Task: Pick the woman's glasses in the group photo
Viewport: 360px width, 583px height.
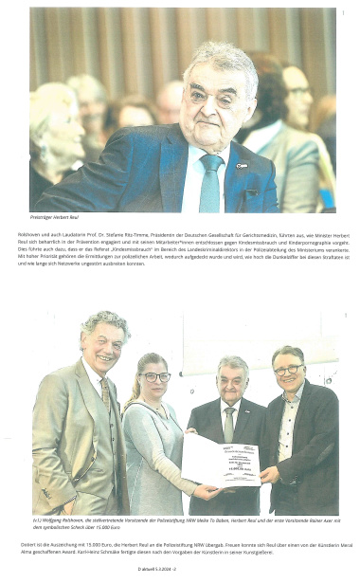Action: (155, 376)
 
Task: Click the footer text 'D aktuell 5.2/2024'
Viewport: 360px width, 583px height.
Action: (180, 567)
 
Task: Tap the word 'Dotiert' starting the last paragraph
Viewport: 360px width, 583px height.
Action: (38, 545)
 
